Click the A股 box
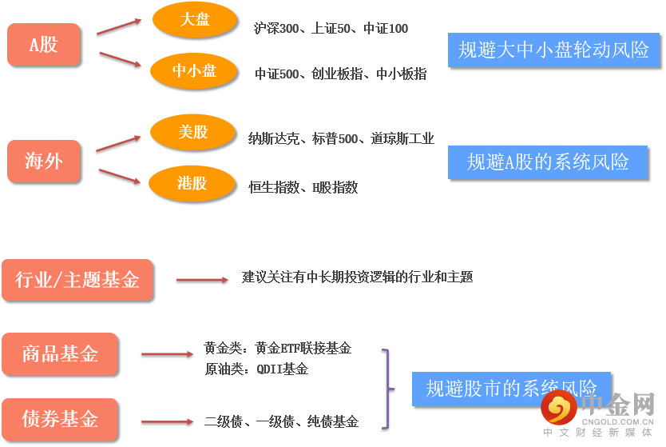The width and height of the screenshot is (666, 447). [x=44, y=45]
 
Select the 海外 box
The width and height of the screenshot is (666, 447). [x=44, y=161]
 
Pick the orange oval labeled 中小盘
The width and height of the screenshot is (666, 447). [x=194, y=72]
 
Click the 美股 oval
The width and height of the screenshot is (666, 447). [x=192, y=133]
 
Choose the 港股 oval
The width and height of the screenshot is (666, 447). [x=192, y=184]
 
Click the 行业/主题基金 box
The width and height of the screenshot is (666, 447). [x=77, y=280]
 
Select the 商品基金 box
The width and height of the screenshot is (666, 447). [x=60, y=353]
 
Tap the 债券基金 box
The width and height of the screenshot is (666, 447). [x=60, y=419]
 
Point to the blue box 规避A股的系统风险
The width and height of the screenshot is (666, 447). [x=548, y=162]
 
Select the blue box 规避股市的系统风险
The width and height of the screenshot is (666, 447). [x=511, y=389]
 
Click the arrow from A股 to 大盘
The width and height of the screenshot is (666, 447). [x=118, y=26]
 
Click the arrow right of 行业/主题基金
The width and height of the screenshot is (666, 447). [x=202, y=280]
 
